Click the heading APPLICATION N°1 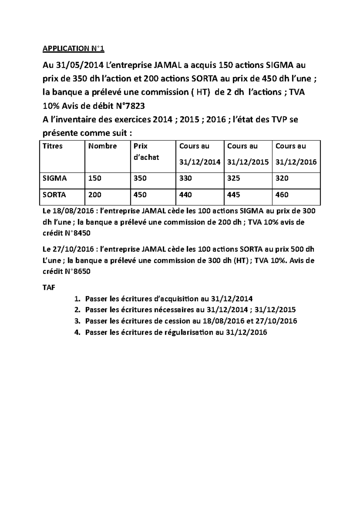click(x=73, y=49)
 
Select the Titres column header click(x=52, y=146)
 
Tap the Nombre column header click(x=102, y=146)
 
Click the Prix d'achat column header click(x=146, y=152)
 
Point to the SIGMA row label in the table click(x=55, y=178)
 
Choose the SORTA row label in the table click(x=54, y=195)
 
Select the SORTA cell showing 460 click(x=282, y=195)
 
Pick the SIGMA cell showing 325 click(x=234, y=178)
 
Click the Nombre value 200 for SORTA click(x=94, y=195)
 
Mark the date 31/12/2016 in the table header click(x=296, y=162)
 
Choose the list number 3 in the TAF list click(x=77, y=321)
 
